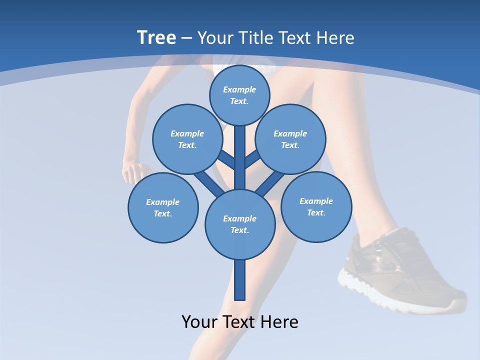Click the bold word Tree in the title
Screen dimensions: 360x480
(156, 37)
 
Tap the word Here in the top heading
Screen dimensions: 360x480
(334, 37)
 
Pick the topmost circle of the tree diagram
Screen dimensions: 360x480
(239, 95)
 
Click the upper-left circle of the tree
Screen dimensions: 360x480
(187, 139)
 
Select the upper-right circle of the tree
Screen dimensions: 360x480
(290, 139)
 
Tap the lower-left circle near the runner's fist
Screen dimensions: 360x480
(163, 207)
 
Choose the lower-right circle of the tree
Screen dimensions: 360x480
(316, 206)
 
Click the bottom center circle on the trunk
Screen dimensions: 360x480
(240, 224)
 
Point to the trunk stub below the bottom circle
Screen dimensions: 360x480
(240, 280)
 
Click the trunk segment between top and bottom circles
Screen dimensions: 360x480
(240, 157)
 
